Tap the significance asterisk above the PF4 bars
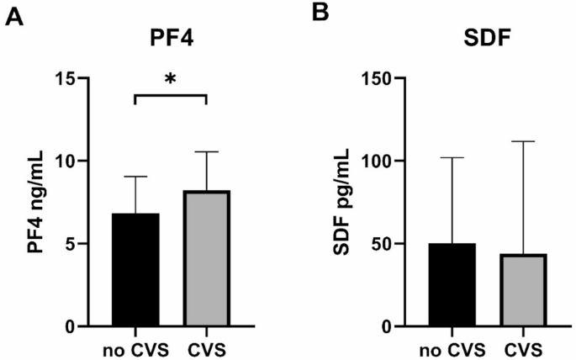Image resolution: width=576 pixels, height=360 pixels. tap(171, 79)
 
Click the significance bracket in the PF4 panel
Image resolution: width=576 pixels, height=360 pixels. tap(171, 96)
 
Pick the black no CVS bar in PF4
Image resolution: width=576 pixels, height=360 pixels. tap(135, 270)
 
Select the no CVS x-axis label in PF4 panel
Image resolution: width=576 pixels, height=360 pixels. tap(135, 347)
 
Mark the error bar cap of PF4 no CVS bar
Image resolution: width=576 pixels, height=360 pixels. tap(135, 177)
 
